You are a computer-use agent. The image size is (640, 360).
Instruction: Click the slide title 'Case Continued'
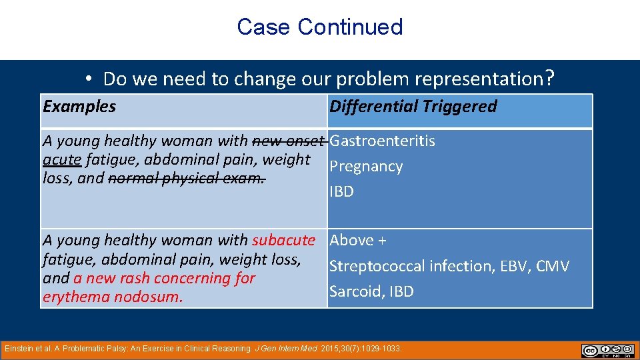tap(319, 27)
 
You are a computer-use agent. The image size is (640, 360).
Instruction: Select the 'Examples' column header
tap(79, 107)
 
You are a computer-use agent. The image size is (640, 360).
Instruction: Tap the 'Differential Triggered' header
tap(413, 107)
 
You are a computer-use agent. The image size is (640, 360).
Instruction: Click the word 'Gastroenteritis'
tap(383, 141)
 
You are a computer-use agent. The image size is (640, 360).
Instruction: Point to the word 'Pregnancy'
tap(366, 166)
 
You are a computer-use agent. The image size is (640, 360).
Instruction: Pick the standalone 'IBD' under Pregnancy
tap(341, 191)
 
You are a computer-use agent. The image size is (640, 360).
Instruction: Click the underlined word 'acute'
tap(62, 160)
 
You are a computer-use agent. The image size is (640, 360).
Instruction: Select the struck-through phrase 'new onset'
tap(289, 141)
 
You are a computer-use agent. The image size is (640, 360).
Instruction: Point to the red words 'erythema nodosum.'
tap(112, 297)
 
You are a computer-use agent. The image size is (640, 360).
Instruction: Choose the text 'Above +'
tap(358, 240)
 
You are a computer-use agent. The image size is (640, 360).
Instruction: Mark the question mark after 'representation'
tap(549, 79)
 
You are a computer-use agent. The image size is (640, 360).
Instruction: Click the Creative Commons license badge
tap(607, 351)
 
